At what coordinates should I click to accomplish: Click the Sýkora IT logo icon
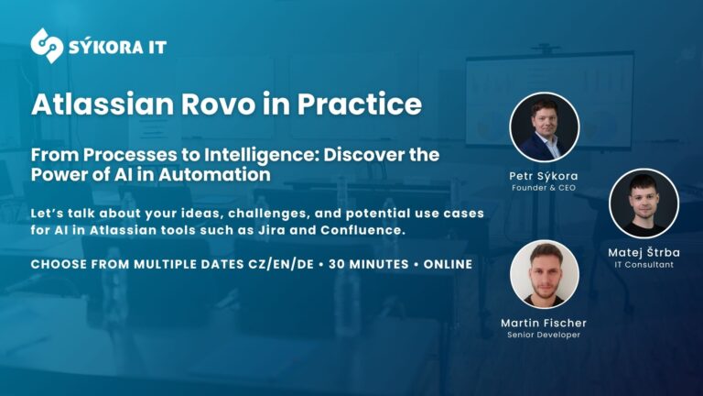(x=47, y=46)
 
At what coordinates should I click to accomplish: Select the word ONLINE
(x=448, y=264)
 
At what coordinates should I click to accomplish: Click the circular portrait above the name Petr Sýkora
(x=544, y=127)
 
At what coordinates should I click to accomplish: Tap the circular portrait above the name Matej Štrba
(x=644, y=203)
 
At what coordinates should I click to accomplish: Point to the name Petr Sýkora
(x=544, y=175)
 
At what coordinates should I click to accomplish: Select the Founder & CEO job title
(x=544, y=188)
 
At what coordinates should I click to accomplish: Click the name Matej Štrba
(x=644, y=251)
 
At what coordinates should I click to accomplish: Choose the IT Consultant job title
(x=644, y=264)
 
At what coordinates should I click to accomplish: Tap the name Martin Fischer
(x=544, y=323)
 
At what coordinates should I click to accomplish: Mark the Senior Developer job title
(x=544, y=335)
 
